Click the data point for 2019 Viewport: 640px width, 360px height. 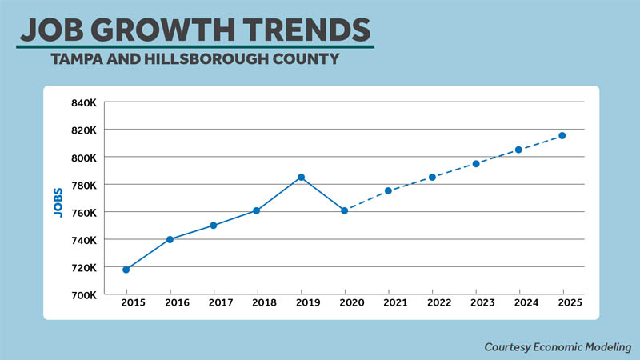coord(301,177)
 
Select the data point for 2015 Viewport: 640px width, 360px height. coord(126,270)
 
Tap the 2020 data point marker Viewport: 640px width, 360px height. coord(344,210)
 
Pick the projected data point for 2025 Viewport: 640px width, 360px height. coord(562,135)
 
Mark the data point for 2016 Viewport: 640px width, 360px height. coord(170,239)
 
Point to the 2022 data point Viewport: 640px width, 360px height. coord(432,177)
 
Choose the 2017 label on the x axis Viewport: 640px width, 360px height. coord(214,305)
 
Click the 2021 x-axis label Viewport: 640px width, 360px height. coord(388,305)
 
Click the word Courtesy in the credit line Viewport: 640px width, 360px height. coord(509,347)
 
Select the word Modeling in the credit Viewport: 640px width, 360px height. coord(606,347)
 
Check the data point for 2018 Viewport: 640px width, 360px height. coord(257,210)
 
